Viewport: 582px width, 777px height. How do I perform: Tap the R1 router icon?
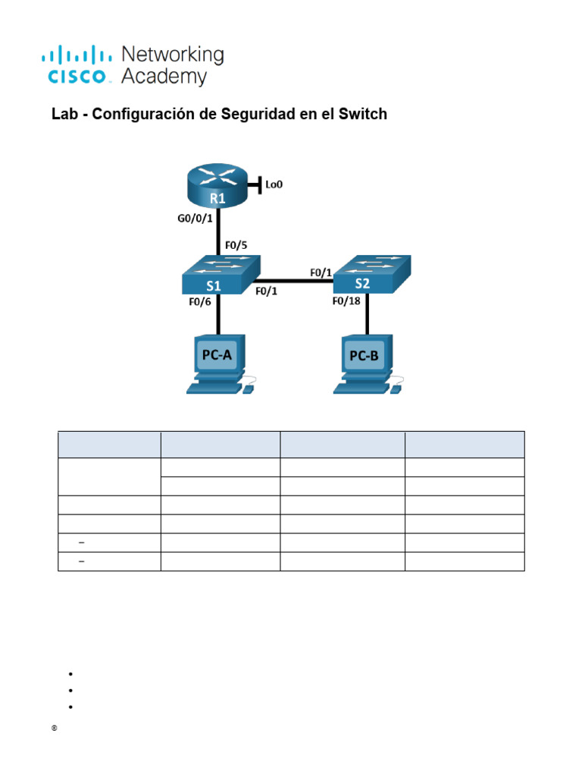[218, 187]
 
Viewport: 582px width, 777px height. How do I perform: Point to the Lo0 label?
[274, 184]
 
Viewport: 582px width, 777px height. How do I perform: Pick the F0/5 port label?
[236, 246]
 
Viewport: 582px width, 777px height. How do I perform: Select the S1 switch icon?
[219, 275]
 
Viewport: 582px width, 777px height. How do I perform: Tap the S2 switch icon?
[371, 274]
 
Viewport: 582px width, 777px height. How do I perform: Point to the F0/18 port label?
[348, 300]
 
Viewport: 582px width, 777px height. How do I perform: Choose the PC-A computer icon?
[218, 365]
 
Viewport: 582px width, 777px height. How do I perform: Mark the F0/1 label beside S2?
[321, 271]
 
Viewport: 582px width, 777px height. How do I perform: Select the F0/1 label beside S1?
[266, 291]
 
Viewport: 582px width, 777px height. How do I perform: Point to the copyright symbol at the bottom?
[55, 728]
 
